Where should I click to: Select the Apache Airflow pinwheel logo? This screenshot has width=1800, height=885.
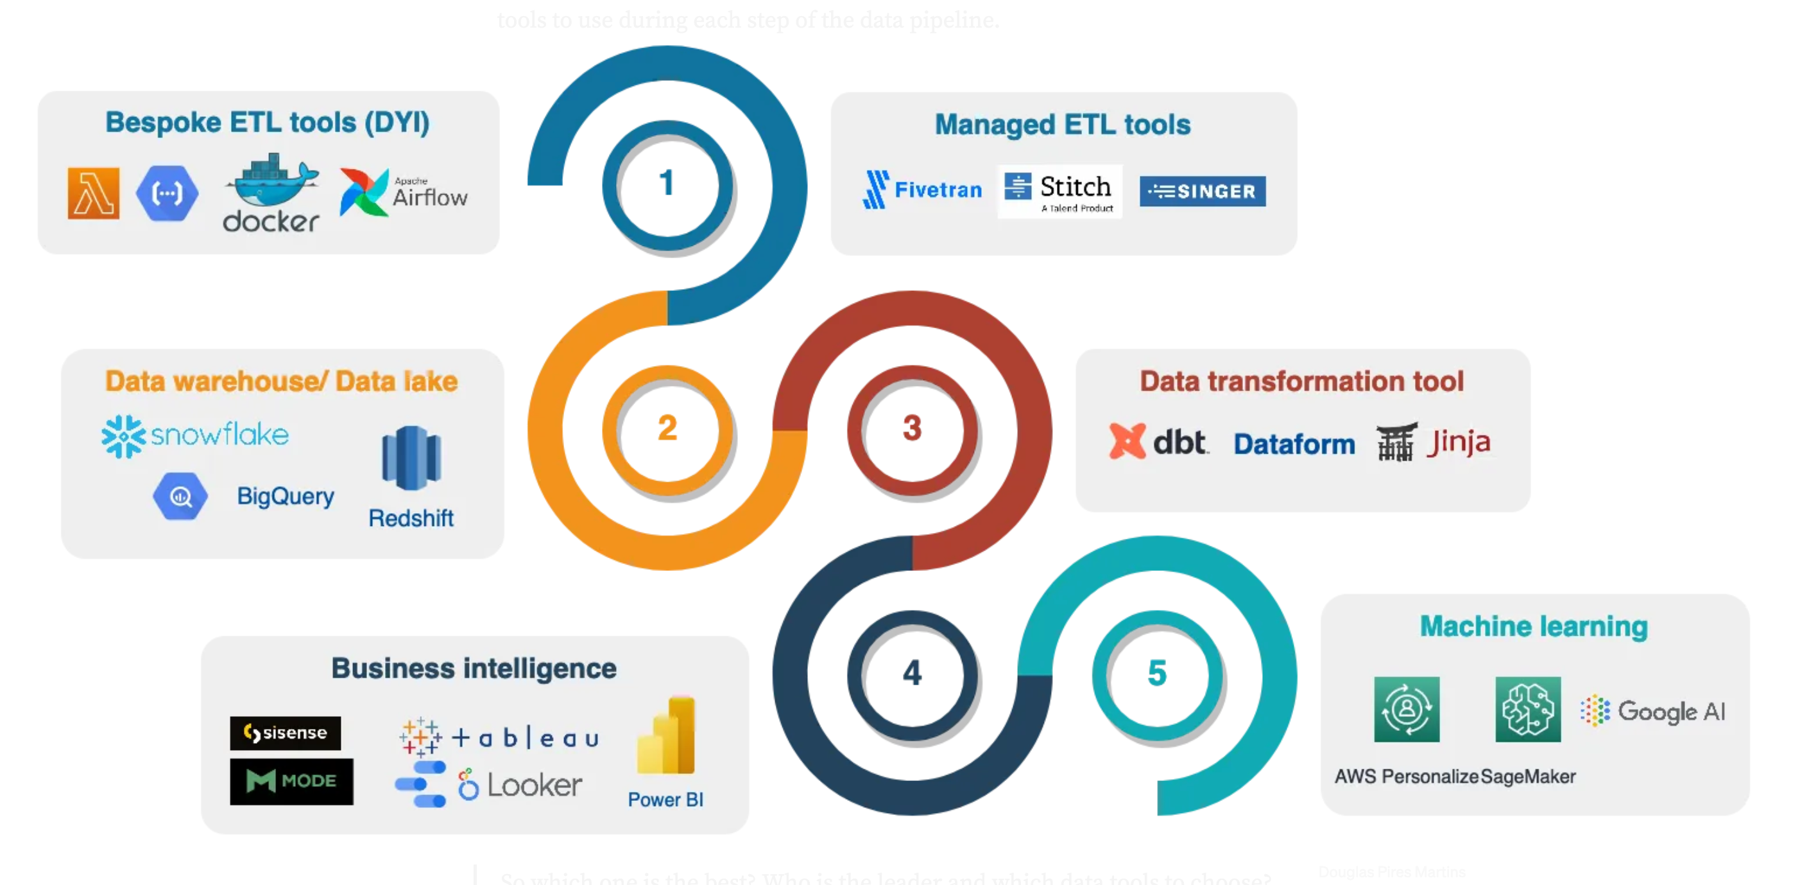363,192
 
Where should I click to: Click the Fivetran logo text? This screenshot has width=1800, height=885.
937,189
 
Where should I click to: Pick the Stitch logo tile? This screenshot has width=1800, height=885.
1059,191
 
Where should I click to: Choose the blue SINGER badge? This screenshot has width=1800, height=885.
1202,191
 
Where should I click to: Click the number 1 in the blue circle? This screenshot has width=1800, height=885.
667,183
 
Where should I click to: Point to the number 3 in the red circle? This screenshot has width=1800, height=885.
912,428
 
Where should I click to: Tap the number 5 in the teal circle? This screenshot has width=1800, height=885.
1156,673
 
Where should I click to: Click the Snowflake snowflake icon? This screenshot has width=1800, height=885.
124,436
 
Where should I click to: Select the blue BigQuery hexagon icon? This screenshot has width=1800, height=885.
180,496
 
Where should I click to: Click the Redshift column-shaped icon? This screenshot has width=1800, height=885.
411,458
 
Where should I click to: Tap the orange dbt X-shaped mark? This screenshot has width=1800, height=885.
1126,442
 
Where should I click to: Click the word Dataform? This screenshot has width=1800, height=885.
1294,444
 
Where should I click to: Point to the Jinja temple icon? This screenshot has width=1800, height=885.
1396,442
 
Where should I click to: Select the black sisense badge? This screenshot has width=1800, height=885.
285,733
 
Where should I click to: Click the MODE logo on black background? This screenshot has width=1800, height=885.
291,781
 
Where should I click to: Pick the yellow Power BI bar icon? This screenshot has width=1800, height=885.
667,735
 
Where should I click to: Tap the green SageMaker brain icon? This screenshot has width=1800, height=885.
1527,709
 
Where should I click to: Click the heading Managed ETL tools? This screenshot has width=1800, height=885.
1062,125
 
